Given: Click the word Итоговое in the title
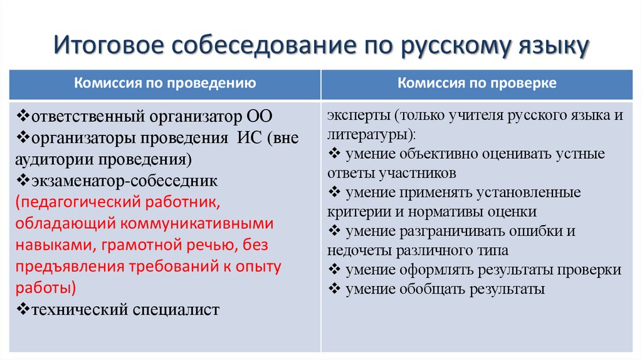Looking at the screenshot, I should (x=107, y=48).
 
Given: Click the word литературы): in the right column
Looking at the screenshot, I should (x=371, y=134).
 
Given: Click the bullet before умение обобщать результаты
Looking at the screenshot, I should (x=334, y=289).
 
